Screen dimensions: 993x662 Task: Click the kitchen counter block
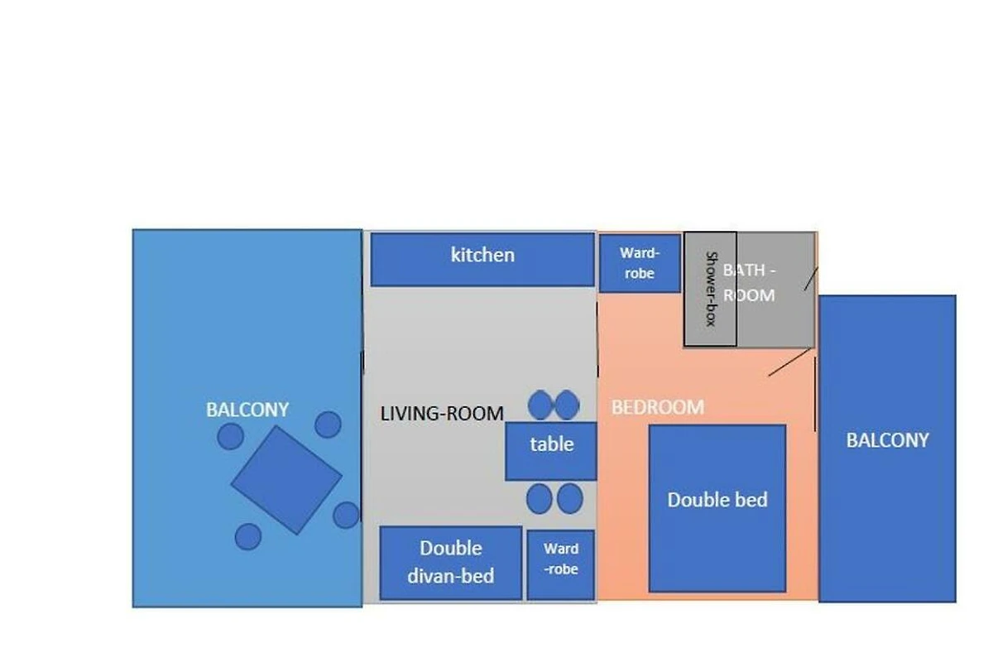482,259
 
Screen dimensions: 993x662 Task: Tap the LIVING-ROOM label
442,414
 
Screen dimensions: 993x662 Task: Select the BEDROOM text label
658,407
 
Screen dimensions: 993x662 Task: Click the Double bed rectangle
717,508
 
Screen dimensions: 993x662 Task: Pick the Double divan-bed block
451,564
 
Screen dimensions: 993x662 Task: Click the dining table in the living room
551,451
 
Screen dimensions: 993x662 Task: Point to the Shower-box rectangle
710,289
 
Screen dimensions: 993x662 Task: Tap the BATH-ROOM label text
749,282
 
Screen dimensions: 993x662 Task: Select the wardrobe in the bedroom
640,263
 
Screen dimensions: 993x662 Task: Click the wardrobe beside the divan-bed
561,565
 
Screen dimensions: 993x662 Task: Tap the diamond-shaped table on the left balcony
286,480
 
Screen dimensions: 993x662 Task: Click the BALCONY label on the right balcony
887,440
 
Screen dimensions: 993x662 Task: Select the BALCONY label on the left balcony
247,410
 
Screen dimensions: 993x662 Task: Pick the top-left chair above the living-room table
540,405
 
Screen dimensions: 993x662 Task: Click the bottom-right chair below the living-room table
569,499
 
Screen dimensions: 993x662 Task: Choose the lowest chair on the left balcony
248,536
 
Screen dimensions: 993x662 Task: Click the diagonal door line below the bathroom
790,362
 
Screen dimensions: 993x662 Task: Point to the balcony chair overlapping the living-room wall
346,515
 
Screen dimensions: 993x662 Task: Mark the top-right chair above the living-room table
567,405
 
